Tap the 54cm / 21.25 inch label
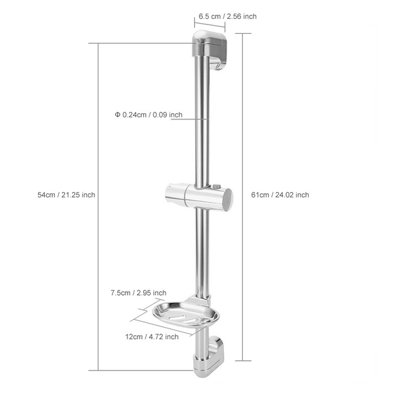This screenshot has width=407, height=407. coord(66,195)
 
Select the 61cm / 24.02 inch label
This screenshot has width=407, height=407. coord(280,195)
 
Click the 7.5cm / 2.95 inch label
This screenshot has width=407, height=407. coord(138,293)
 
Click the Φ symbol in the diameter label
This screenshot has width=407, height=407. coord(117,115)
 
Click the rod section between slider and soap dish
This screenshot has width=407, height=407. coord(202,251)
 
